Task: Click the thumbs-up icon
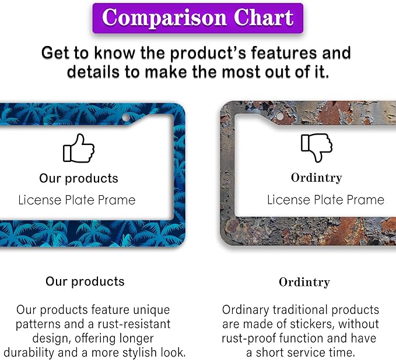pyautogui.click(x=79, y=148)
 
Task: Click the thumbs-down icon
pyautogui.click(x=317, y=147)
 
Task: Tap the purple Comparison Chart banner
pyautogui.click(x=198, y=18)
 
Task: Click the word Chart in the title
pyautogui.click(x=264, y=17)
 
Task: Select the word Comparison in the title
pyautogui.click(x=164, y=18)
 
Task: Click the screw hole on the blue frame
pyautogui.click(x=126, y=117)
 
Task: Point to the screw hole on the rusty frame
pyautogui.click(x=280, y=117)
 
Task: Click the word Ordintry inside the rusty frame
pyautogui.click(x=317, y=178)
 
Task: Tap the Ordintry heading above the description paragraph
pyautogui.click(x=304, y=283)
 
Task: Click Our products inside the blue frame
pyautogui.click(x=79, y=179)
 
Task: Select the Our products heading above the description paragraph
pyautogui.click(x=85, y=282)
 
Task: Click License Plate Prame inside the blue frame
pyautogui.click(x=77, y=200)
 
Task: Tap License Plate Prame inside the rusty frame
pyautogui.click(x=326, y=200)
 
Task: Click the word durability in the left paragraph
pyautogui.click(x=29, y=352)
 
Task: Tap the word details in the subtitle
pyautogui.click(x=93, y=72)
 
